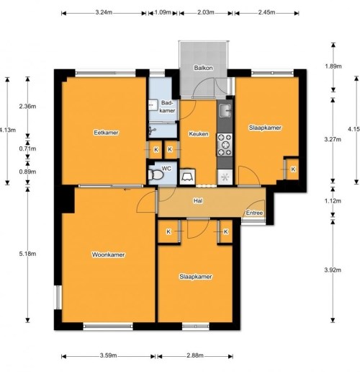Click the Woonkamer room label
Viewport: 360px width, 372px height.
(108, 255)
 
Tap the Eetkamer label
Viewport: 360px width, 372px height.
(106, 133)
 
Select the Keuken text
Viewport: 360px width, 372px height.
(199, 134)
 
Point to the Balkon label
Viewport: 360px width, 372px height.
(201, 68)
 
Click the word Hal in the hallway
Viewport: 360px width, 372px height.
(197, 201)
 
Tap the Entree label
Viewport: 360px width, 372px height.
(254, 213)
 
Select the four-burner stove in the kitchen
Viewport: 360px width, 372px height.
(225, 146)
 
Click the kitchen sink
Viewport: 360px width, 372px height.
(225, 112)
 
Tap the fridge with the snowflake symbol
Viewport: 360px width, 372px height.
(225, 176)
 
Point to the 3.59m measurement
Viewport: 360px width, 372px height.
(108, 355)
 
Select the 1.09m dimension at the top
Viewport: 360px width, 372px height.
(163, 12)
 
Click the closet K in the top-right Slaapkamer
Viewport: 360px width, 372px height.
(292, 169)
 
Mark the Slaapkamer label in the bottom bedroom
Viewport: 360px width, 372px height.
(195, 277)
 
